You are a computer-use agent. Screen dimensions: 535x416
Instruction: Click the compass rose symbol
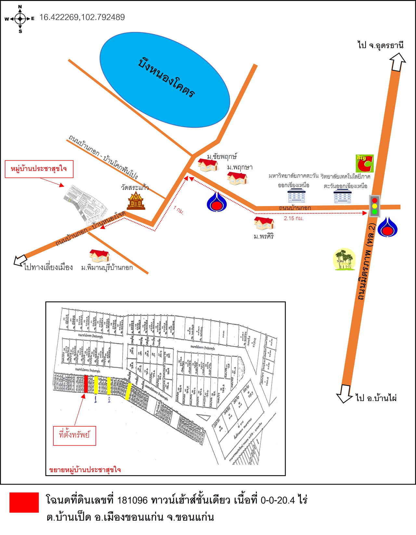20,19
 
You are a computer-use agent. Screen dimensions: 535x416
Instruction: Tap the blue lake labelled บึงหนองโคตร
165,80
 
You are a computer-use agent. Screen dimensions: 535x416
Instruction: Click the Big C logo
365,163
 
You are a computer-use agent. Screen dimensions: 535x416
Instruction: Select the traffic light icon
374,206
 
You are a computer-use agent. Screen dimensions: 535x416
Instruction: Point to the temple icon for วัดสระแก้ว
136,200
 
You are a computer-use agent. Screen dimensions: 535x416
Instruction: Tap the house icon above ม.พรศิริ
264,223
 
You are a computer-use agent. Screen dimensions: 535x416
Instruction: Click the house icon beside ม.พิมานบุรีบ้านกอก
99,256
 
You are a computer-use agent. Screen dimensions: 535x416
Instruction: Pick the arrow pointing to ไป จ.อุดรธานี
397,62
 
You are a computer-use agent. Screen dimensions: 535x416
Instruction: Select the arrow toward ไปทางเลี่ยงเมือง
20,260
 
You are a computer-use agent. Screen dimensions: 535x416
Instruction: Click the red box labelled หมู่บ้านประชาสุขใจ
39,169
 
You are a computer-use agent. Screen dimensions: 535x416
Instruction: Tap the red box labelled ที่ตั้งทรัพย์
74,435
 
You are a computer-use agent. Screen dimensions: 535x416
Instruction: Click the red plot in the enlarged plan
86,384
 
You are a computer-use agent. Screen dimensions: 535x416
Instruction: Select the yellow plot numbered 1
96,385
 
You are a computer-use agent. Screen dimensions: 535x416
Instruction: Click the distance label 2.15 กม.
293,218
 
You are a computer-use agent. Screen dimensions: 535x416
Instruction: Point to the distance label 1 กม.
178,210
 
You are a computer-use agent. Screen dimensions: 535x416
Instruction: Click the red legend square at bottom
24,502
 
